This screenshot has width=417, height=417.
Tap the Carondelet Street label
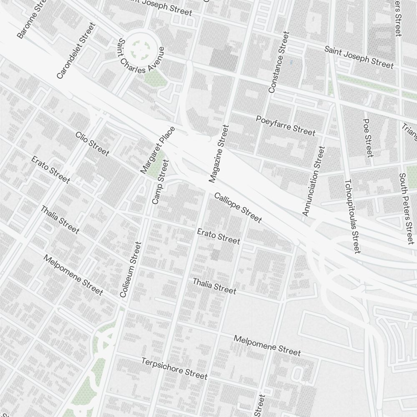coord(76,51)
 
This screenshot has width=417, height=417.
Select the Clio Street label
coord(92,143)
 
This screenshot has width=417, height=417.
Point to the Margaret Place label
coord(158,150)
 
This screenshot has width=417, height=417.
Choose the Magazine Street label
coord(219,153)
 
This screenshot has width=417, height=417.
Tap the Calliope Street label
coord(238,207)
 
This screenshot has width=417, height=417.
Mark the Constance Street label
coord(279,62)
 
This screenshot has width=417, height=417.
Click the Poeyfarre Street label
coord(286,126)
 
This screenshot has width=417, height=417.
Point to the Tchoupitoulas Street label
coord(352,216)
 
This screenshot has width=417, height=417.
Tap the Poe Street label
coord(367,138)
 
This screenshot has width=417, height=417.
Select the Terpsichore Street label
coord(174,369)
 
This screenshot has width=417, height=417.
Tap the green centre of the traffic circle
coord(143,49)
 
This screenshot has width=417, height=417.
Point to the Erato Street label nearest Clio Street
coord(50,169)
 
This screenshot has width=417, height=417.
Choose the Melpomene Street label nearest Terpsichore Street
coord(267,345)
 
